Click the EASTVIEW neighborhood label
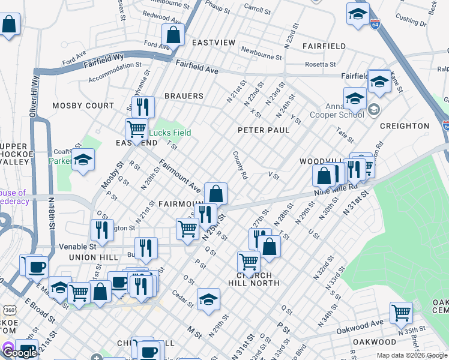(214, 43)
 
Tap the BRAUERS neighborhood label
(184, 96)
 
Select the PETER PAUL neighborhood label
(264, 130)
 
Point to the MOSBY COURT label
(83, 106)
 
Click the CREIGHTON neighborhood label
(404, 126)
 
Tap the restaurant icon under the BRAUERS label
(142, 107)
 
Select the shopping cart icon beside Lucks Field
(136, 128)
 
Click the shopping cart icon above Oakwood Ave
(401, 312)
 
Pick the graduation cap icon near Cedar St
(208, 299)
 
